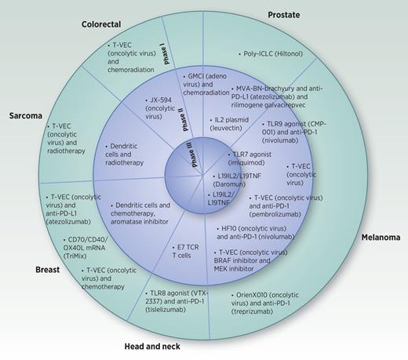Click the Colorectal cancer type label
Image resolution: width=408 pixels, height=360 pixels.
pos(106,24)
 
